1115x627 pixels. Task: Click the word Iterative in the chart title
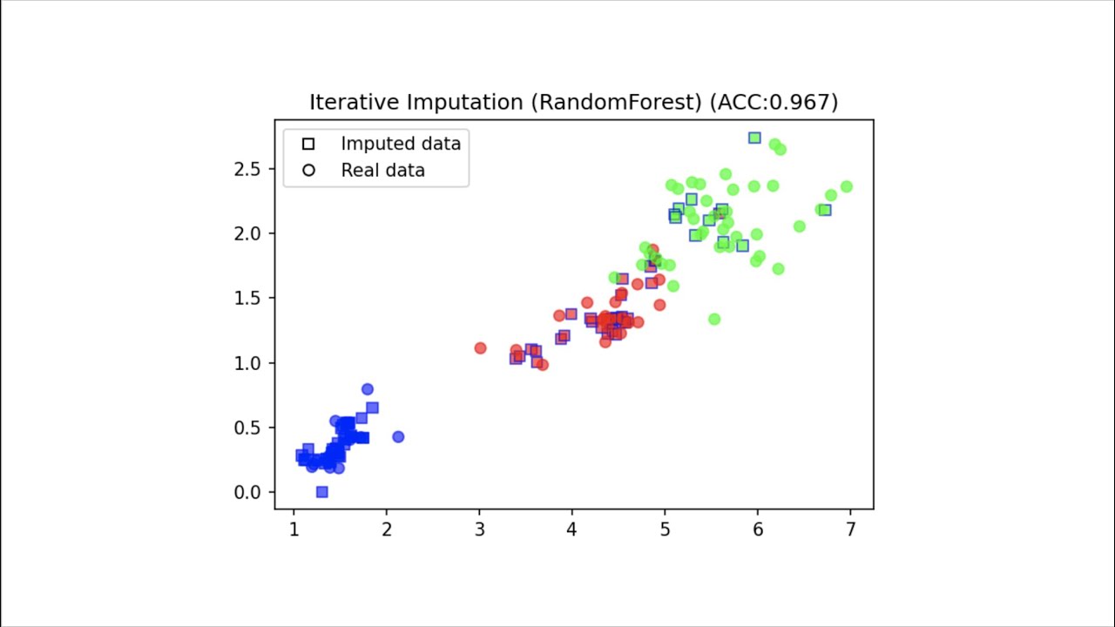point(353,103)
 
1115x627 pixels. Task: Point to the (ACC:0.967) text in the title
point(774,103)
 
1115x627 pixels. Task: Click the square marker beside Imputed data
point(307,144)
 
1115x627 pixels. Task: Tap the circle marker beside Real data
point(307,171)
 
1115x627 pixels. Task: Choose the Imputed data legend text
point(401,144)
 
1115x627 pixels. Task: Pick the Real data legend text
point(382,171)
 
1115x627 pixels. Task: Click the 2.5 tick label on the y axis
point(248,169)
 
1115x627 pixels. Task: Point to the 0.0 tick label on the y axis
point(248,493)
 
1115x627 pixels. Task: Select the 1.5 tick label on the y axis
point(248,299)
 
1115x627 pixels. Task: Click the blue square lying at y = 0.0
point(321,492)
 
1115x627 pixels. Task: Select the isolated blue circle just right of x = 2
point(398,436)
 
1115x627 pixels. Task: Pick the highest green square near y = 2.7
point(754,138)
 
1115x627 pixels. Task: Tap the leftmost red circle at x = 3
point(480,347)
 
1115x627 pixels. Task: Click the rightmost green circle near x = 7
point(846,186)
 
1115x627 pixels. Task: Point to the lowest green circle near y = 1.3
point(714,319)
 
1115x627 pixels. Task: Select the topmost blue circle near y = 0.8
point(368,389)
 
